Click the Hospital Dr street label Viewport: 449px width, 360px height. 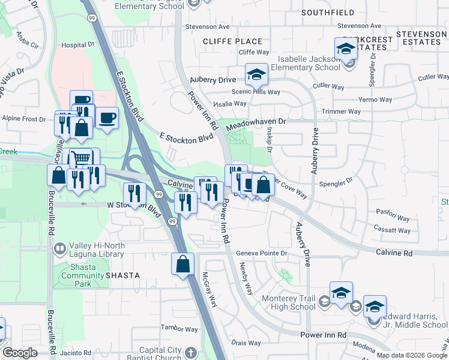[x=78, y=45]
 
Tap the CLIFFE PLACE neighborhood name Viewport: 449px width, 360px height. [x=233, y=41]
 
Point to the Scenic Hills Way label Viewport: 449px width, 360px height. [x=256, y=92]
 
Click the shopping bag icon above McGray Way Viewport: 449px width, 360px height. [x=183, y=264]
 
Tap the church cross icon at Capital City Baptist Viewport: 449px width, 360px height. [x=191, y=353]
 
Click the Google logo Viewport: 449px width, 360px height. [x=20, y=353]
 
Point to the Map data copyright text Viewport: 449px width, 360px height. [x=412, y=355]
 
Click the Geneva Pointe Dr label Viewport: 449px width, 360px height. [x=262, y=253]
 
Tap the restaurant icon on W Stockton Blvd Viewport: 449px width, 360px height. [x=134, y=194]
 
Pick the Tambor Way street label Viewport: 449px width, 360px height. [x=179, y=329]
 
